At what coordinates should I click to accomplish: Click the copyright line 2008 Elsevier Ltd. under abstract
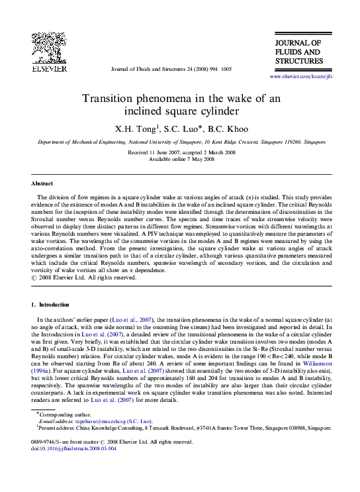click(x=87, y=278)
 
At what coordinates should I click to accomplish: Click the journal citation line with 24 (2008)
click(x=171, y=69)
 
